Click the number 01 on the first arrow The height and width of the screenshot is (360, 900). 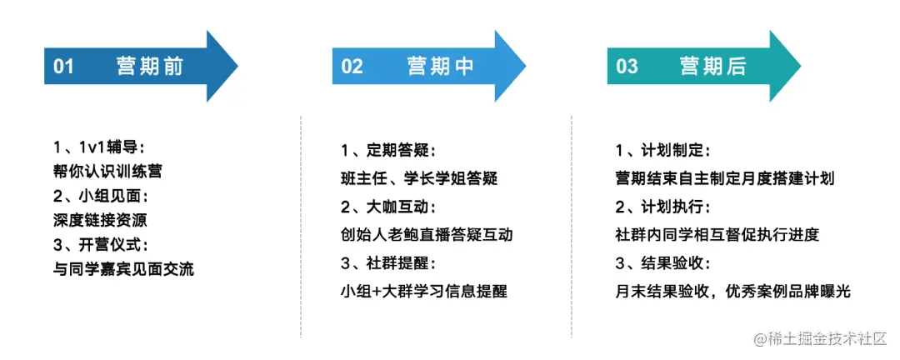(x=64, y=67)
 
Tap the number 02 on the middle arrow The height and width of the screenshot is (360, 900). (x=352, y=67)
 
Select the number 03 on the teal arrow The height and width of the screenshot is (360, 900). (x=627, y=67)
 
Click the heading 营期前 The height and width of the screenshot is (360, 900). (x=150, y=67)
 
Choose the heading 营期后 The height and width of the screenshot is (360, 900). (x=713, y=67)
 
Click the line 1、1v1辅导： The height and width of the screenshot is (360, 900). (x=98, y=147)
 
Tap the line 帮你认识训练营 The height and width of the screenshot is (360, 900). (x=107, y=172)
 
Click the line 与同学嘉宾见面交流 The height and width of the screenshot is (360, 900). (x=122, y=270)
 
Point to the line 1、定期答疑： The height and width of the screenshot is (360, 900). (x=388, y=152)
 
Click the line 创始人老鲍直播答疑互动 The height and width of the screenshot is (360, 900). (x=427, y=234)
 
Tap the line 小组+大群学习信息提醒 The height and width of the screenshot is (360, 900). (x=423, y=291)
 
